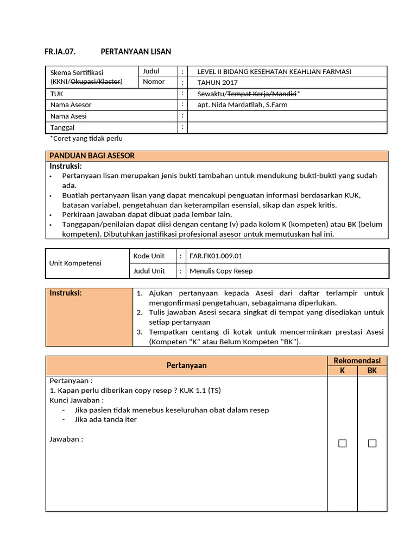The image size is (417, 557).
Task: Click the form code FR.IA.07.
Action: click(x=59, y=52)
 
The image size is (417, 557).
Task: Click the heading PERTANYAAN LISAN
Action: click(x=136, y=52)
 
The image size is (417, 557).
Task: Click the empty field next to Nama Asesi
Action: click(x=287, y=116)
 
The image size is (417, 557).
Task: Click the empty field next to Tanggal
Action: click(x=287, y=127)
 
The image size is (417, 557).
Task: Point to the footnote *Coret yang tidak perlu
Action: click(x=86, y=139)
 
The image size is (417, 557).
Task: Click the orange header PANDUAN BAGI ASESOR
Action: click(x=92, y=156)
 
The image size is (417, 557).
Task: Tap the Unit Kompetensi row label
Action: click(x=76, y=263)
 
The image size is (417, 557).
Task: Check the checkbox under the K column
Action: click(x=342, y=443)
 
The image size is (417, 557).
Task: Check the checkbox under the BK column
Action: click(x=372, y=443)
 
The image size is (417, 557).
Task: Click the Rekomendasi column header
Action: click(x=357, y=361)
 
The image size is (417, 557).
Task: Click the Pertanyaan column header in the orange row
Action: click(x=186, y=366)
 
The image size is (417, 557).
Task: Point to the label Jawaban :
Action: click(x=66, y=440)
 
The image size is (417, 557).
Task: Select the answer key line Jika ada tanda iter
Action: click(x=105, y=419)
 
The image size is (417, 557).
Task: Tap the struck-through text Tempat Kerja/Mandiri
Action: click(x=262, y=94)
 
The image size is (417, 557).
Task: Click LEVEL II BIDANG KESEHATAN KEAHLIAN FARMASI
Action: click(x=274, y=72)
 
